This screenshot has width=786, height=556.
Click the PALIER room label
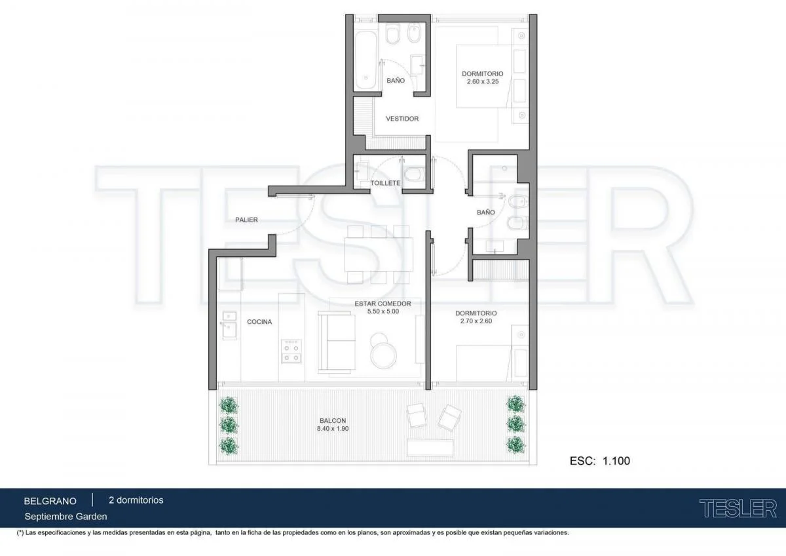[246, 220]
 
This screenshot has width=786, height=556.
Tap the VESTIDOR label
[402, 119]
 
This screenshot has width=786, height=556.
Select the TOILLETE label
[385, 183]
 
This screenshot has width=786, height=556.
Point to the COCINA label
[259, 322]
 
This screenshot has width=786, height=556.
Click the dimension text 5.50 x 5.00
[383, 311]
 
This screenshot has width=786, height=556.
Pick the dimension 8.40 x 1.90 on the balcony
[333, 429]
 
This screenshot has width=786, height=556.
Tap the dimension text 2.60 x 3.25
[483, 81]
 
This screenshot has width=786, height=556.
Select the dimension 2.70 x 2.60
[476, 321]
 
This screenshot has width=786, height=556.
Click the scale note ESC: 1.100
[600, 461]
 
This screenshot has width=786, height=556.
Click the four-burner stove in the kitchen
[291, 351]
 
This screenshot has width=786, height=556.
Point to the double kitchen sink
[229, 326]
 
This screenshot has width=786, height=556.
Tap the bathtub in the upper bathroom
[365, 61]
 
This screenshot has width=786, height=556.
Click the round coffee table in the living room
[384, 355]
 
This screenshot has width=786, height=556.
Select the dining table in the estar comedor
[379, 254]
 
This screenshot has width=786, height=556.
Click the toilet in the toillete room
[413, 174]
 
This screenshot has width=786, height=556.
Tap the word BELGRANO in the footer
[50, 501]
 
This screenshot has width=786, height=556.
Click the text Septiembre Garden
[65, 517]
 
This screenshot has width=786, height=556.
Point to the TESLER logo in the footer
[738, 509]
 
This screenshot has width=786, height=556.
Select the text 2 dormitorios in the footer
[136, 500]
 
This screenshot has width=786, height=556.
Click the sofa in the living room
[336, 342]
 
